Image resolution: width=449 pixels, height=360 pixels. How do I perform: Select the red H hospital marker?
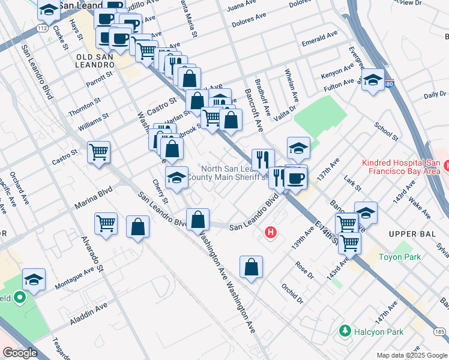[x=271, y=231]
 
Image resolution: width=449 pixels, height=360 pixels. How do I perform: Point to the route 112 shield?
[x=41, y=28]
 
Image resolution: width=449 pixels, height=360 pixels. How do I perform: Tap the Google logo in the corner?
[x=20, y=353]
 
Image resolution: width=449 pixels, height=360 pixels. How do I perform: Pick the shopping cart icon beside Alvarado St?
[x=106, y=223]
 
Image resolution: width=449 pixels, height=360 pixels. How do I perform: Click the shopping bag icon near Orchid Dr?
[x=251, y=266]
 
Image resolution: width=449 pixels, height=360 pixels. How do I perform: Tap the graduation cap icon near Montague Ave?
[x=34, y=279]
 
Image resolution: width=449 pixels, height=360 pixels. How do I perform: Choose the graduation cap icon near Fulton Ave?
[x=373, y=80]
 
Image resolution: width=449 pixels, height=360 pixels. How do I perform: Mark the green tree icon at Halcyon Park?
[x=345, y=331]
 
